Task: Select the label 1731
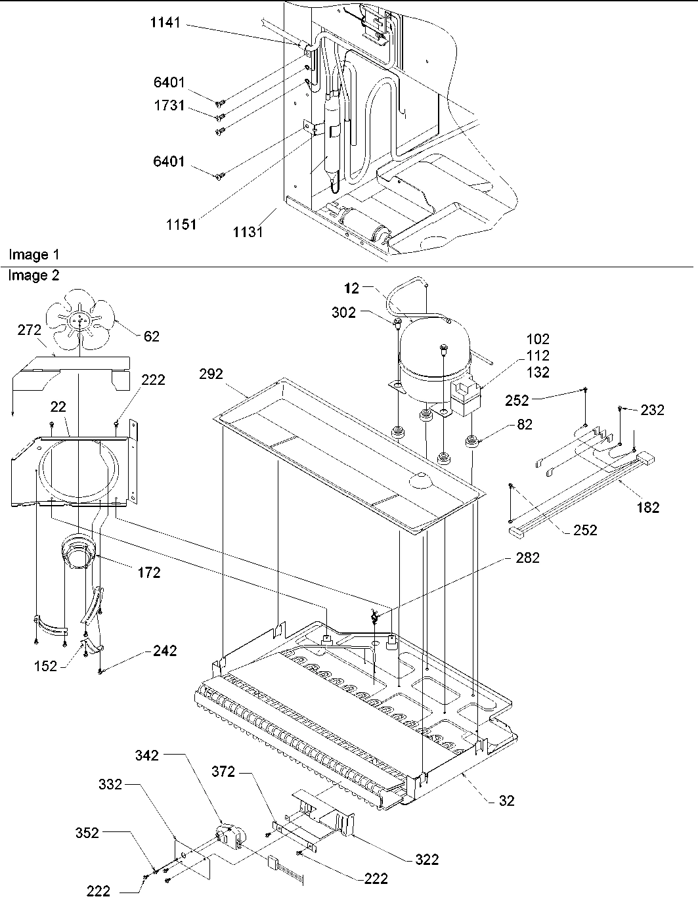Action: [x=169, y=106]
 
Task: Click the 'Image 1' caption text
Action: [x=28, y=255]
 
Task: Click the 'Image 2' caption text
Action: [x=33, y=276]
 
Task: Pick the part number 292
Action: [x=212, y=374]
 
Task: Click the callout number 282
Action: [x=528, y=558]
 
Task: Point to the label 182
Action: [x=648, y=507]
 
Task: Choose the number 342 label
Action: [x=146, y=755]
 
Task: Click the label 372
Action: [x=223, y=772]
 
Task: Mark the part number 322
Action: [x=427, y=859]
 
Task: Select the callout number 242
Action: [x=165, y=651]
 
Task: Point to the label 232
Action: [x=653, y=410]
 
